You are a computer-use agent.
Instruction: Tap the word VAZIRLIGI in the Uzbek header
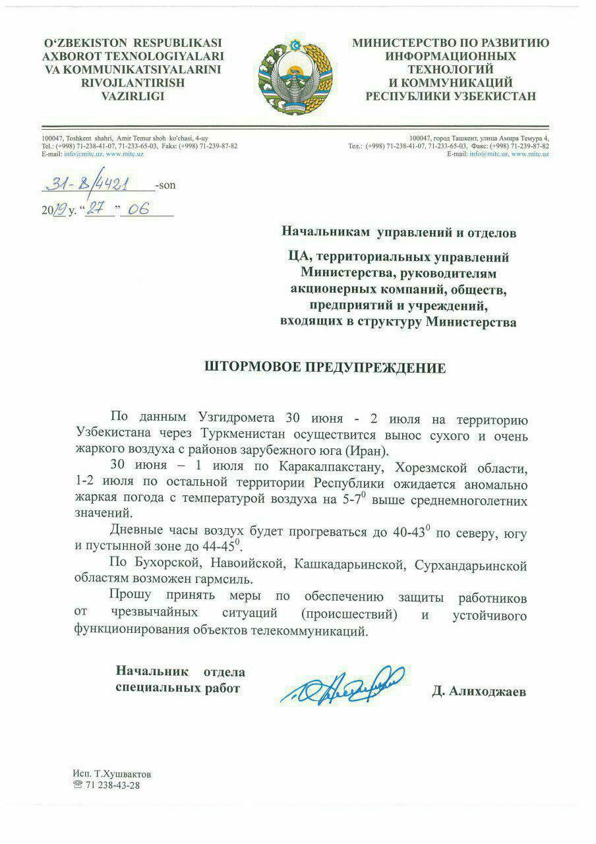[x=133, y=96]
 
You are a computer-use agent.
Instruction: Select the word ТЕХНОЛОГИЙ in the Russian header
[x=450, y=69]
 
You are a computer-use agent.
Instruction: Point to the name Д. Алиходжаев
[x=480, y=691]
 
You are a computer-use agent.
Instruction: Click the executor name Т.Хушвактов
[x=121, y=773]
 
